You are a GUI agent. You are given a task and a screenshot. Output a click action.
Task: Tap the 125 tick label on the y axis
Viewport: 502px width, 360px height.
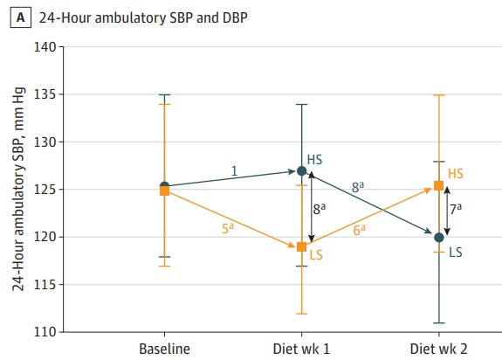click(46, 190)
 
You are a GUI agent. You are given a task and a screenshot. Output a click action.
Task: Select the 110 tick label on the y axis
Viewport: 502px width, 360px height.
click(46, 332)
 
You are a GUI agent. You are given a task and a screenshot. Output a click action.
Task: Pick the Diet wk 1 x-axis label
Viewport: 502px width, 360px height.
click(301, 350)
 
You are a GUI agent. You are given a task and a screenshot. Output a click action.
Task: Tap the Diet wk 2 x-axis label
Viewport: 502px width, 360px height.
click(438, 350)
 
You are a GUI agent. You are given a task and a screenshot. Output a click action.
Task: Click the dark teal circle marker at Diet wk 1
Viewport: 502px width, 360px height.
click(301, 170)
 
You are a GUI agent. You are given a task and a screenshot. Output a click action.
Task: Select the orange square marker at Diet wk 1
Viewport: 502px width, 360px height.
click(301, 246)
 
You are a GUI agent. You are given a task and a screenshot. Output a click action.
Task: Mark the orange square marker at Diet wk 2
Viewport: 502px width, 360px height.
click(438, 185)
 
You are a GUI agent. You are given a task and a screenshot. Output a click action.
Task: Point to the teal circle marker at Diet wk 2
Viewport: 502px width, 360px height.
click(438, 237)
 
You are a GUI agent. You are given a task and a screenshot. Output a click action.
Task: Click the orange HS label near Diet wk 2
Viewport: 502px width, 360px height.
click(456, 174)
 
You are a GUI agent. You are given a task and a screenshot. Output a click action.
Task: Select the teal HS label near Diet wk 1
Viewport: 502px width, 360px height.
click(316, 160)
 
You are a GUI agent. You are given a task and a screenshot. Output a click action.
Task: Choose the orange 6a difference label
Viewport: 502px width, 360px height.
click(359, 229)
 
